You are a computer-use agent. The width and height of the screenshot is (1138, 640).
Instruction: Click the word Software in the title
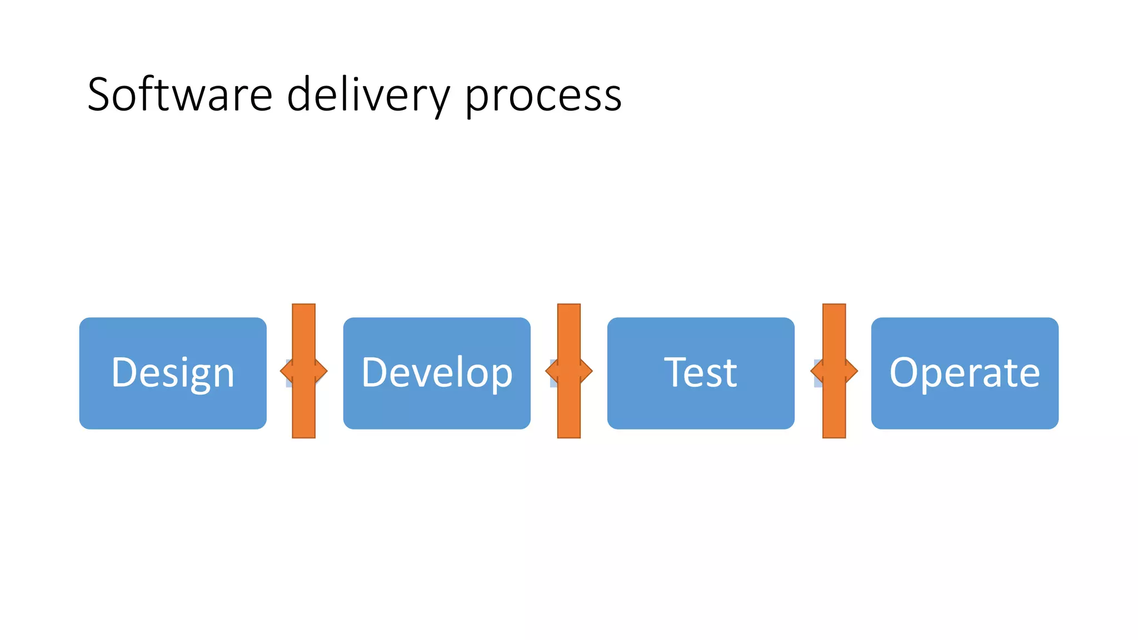[x=179, y=94]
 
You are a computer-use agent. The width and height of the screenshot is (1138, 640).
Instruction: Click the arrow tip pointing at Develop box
[x=322, y=371]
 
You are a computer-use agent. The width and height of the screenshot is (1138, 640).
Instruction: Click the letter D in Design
[x=123, y=372]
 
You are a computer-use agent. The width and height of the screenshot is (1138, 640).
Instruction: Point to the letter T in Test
[x=676, y=372]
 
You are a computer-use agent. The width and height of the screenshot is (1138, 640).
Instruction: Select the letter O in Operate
[x=904, y=372]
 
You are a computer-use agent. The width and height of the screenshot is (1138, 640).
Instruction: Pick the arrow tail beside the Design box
[x=286, y=371]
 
